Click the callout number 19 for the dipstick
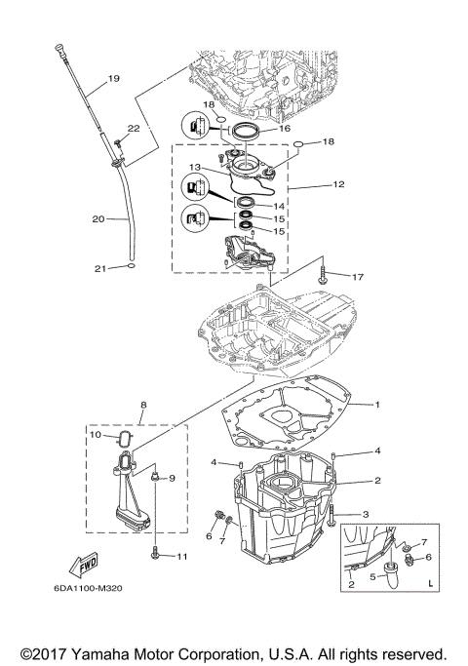(x=113, y=79)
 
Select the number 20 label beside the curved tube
(x=97, y=219)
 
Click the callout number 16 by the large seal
(x=284, y=127)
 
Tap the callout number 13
(x=195, y=167)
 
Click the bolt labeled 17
(x=322, y=277)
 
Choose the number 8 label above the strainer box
(x=143, y=403)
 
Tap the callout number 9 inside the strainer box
(x=170, y=479)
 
